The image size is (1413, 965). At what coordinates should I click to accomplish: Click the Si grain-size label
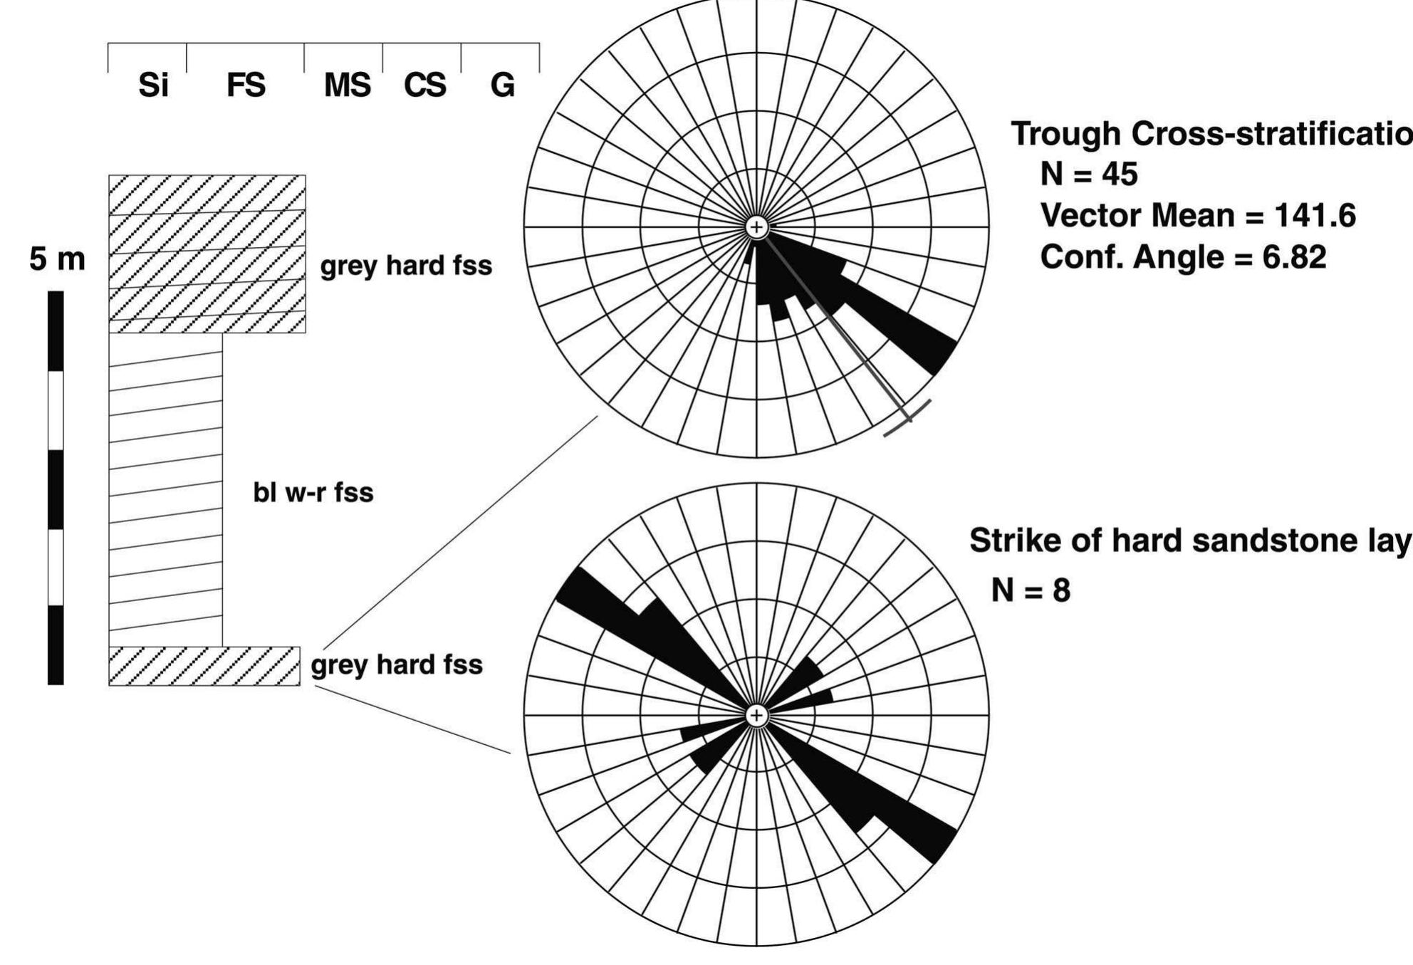click(153, 85)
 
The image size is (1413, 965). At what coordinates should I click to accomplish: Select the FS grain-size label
click(246, 85)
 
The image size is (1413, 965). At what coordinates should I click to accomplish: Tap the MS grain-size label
click(347, 85)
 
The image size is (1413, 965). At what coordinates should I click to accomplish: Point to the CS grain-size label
click(424, 85)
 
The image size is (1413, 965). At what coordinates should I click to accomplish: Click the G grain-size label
click(502, 85)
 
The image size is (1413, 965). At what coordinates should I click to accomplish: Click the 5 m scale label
click(57, 259)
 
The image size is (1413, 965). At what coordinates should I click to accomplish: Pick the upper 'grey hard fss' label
click(406, 266)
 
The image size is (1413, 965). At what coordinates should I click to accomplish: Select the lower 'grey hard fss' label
click(397, 664)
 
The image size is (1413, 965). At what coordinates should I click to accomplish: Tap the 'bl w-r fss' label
click(313, 492)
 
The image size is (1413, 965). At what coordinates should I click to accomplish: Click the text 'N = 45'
click(1089, 174)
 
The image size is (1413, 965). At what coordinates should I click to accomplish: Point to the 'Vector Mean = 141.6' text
click(1198, 215)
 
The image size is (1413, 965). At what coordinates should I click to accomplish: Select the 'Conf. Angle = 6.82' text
click(1183, 256)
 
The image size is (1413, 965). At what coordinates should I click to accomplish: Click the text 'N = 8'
click(1031, 590)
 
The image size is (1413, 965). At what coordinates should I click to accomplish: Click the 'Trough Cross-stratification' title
click(1211, 133)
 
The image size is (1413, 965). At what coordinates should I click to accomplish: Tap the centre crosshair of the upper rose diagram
click(756, 227)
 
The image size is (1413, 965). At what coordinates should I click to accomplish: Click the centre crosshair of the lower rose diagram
click(756, 715)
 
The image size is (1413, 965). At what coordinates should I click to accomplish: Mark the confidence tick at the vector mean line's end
click(907, 417)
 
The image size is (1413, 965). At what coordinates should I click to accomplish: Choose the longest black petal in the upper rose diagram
click(897, 320)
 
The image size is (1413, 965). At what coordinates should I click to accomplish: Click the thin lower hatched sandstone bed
click(204, 666)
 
